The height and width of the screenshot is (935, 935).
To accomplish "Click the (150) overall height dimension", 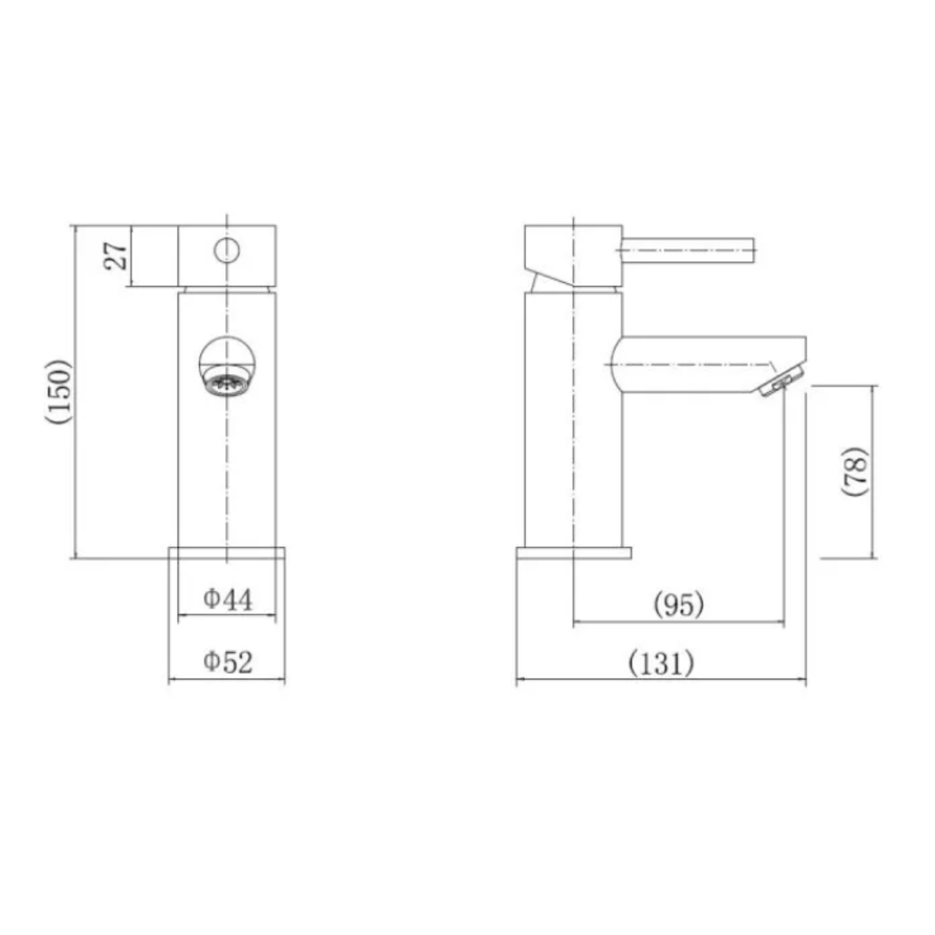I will click(60, 391).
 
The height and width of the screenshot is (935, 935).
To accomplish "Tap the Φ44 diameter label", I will click(228, 599).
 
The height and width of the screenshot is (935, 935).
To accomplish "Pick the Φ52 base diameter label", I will click(228, 662).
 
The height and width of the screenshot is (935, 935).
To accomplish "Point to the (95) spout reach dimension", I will click(678, 604).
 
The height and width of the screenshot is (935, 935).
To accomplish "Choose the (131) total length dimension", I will click(660, 663).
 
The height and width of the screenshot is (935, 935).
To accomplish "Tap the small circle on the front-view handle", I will click(226, 250).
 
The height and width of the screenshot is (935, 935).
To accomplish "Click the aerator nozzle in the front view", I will click(226, 384).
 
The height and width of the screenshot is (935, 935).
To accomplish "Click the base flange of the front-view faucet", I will click(227, 553).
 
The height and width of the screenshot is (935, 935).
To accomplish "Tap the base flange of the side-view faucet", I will click(573, 553).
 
